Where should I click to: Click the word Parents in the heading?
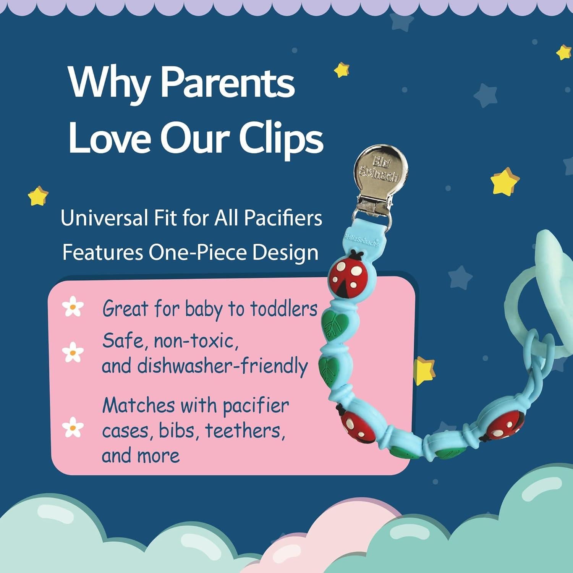pos(228,83)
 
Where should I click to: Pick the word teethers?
pos(245,430)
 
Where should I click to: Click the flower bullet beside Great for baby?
pos(73,308)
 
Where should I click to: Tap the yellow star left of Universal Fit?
pos(38,196)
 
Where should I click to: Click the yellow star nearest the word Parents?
pos(342,70)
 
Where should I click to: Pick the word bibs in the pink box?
pos(180,430)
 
